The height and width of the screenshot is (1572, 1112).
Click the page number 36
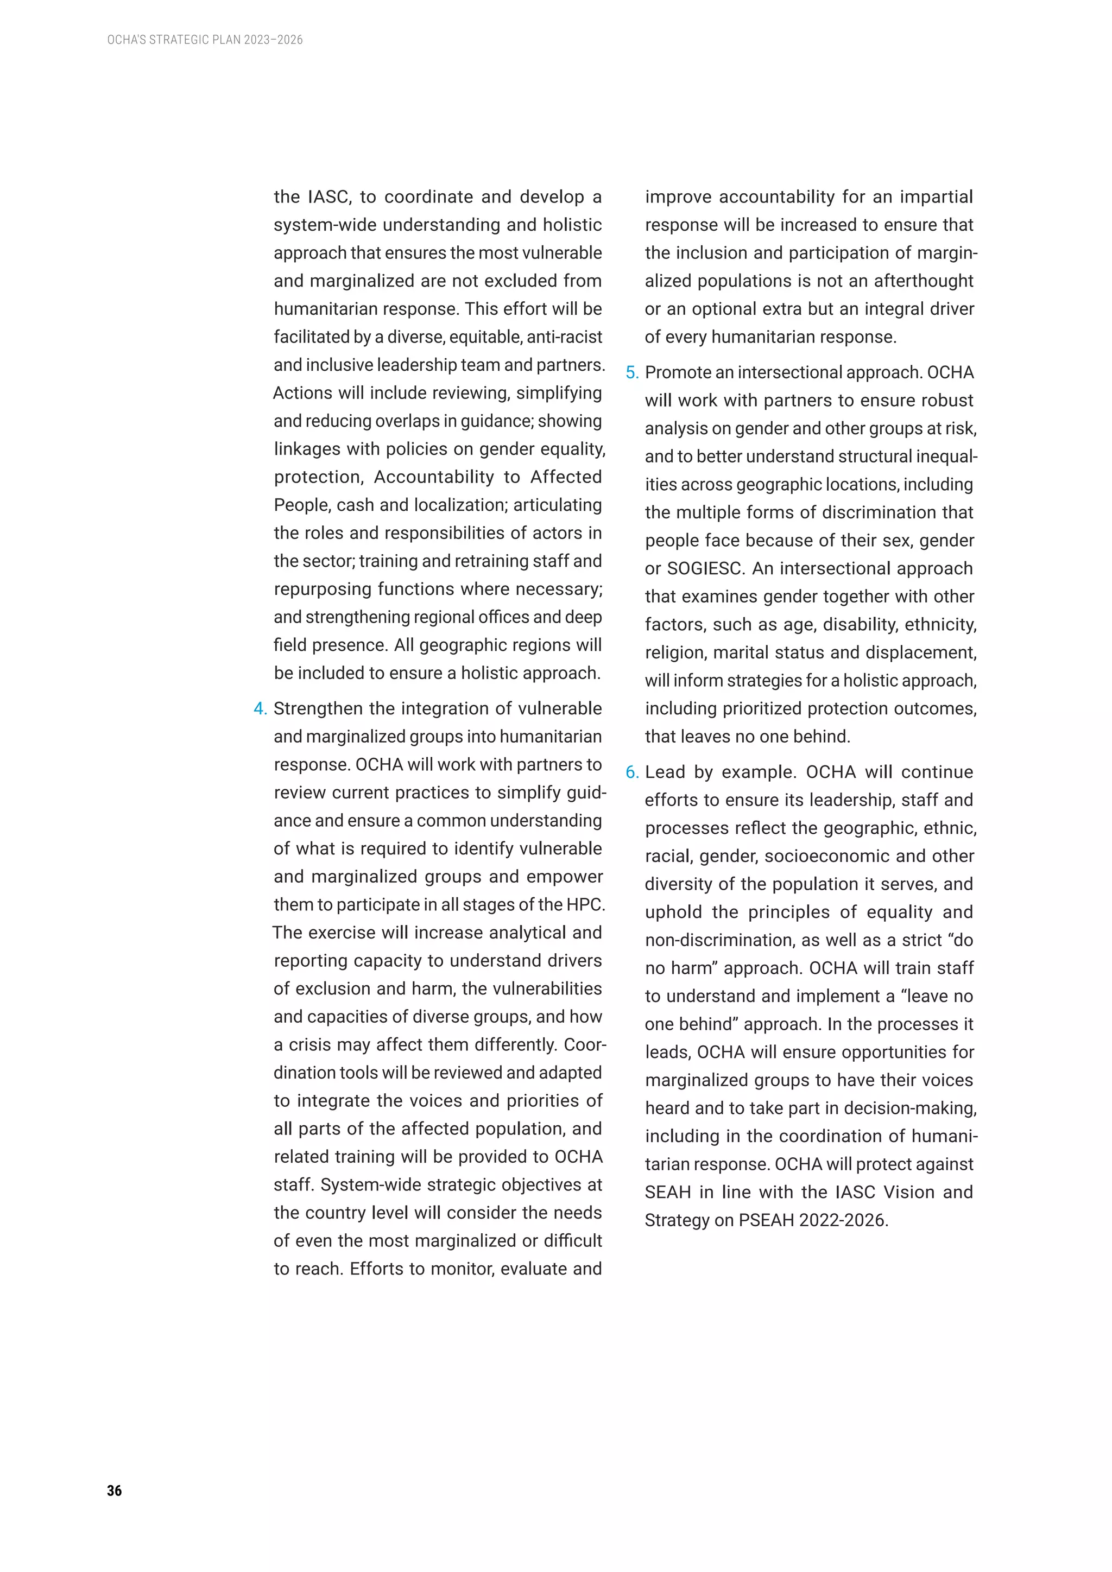[x=115, y=1491]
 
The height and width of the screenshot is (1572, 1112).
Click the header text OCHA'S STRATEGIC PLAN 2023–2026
[x=205, y=40]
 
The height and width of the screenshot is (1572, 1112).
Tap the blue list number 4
[x=260, y=708]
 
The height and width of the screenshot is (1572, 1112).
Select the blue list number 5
[x=631, y=372]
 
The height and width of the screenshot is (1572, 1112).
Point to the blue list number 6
[x=631, y=772]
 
